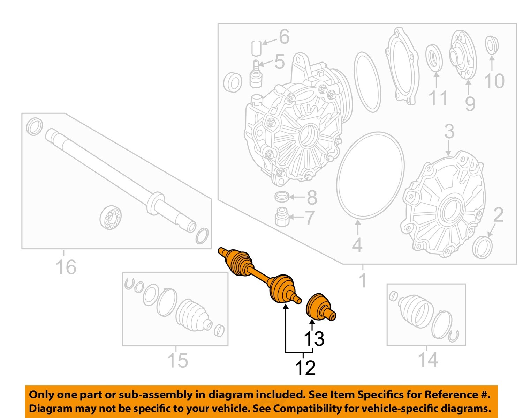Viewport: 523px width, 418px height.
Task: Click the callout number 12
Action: (x=305, y=368)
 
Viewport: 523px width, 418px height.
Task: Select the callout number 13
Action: (x=314, y=338)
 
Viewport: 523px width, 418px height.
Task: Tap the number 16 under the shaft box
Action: (x=66, y=267)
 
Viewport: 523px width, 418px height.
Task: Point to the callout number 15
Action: (x=177, y=360)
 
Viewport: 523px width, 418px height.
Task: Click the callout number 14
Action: (x=427, y=359)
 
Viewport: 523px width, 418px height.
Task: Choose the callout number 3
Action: (x=449, y=132)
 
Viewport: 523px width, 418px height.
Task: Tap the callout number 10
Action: (x=494, y=81)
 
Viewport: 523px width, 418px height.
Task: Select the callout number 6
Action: (x=284, y=37)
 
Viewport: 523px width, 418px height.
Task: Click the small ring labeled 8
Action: (x=282, y=197)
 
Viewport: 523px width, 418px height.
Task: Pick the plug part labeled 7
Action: (x=281, y=217)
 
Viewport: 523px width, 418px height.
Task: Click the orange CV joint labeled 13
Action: (x=320, y=307)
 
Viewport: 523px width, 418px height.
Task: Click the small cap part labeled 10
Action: (x=492, y=45)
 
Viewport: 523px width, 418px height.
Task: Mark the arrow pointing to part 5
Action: (x=266, y=64)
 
